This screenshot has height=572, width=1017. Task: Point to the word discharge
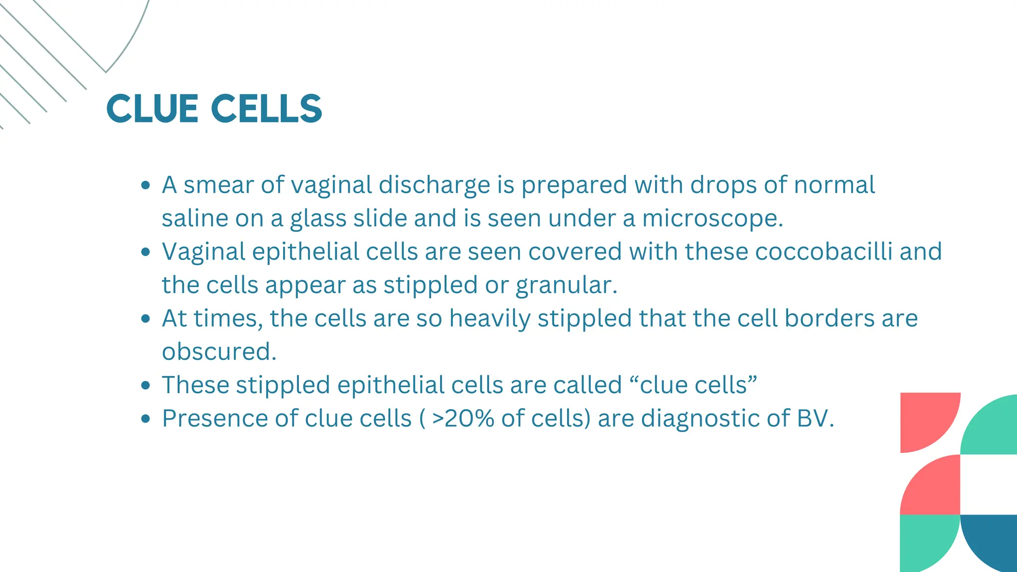435,185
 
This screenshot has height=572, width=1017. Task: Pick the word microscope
712,218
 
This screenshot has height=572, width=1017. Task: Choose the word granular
566,286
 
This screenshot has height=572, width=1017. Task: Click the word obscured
218,352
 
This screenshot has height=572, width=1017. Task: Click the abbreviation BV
815,419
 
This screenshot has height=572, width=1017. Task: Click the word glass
318,218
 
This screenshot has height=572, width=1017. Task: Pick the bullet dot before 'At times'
145,318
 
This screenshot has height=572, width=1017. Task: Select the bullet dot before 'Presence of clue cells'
145,419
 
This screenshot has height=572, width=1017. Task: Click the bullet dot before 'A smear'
145,185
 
